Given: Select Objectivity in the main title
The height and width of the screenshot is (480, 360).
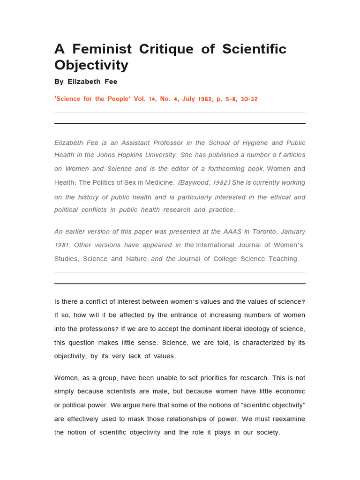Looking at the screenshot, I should tap(91, 65).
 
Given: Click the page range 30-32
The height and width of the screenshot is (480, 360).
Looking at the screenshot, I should tap(248, 99).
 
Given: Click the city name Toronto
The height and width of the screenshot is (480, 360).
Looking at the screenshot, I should tap(253, 232).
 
